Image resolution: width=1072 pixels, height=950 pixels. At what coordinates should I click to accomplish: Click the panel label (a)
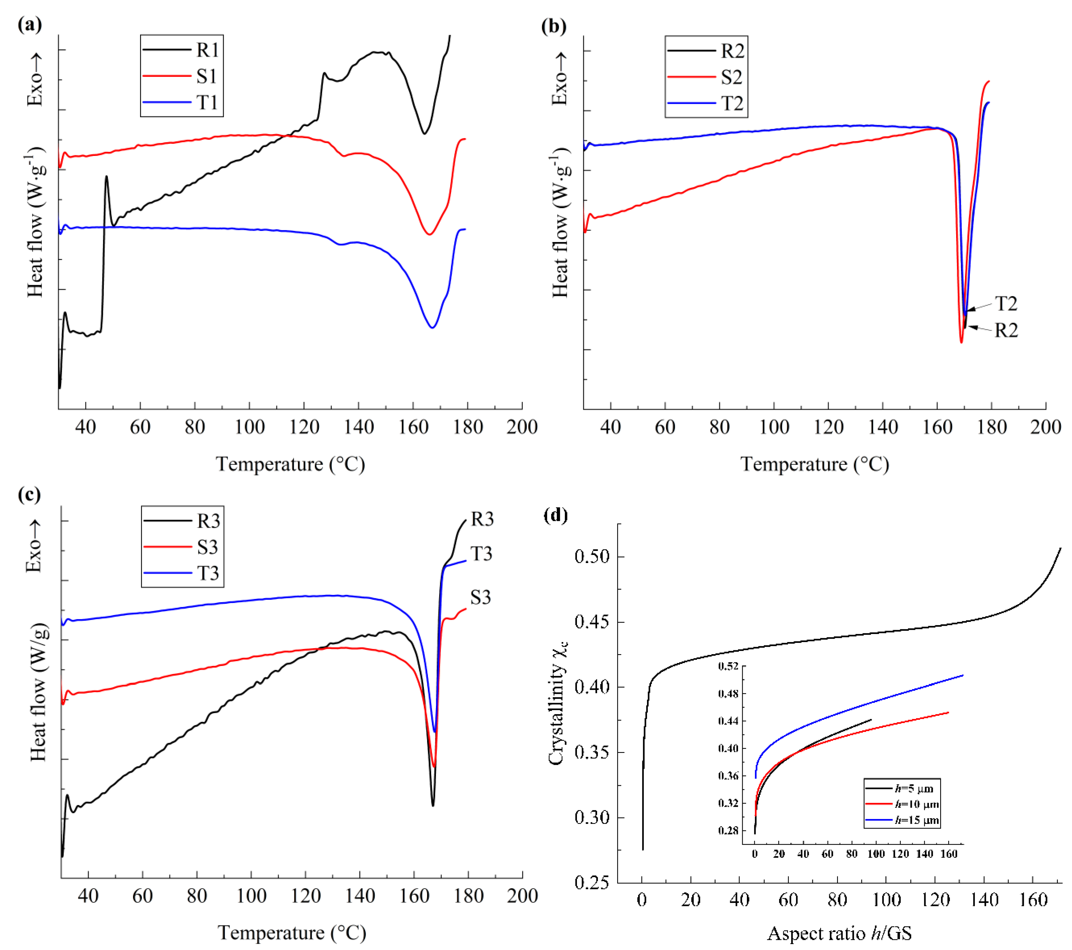29,25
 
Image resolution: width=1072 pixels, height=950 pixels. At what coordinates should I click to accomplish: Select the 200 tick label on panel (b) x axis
1045,427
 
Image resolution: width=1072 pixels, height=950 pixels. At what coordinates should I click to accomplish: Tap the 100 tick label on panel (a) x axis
250,427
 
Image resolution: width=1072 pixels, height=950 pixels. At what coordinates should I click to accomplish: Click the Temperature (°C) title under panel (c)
292,932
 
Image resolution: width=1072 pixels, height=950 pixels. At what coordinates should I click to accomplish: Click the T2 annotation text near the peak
1006,303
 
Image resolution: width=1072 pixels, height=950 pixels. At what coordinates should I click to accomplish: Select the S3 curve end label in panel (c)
480,597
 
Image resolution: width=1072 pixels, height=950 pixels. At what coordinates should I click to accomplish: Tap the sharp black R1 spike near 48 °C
106,178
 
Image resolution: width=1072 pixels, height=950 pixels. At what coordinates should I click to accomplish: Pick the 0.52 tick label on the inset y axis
728,667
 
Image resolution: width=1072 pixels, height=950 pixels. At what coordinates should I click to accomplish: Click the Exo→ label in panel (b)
559,79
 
